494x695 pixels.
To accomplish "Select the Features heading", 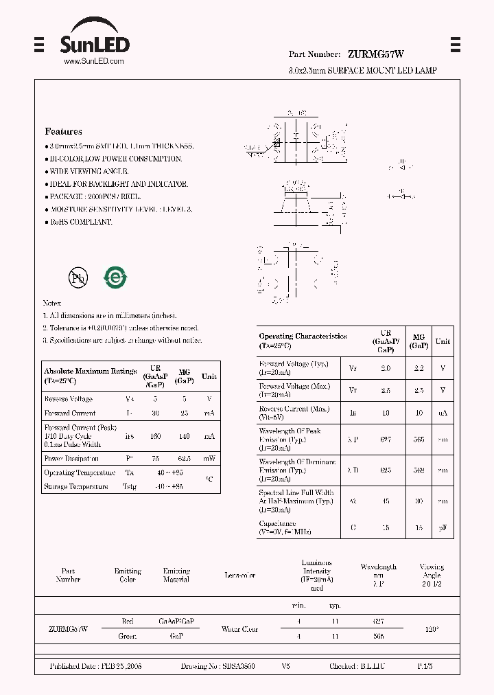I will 63,131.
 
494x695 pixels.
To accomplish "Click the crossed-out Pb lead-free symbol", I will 78,277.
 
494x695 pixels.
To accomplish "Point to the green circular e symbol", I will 115,277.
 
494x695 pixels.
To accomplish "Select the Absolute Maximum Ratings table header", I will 90,375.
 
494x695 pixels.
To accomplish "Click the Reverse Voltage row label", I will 68,399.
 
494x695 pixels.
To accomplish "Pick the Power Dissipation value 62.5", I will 183,458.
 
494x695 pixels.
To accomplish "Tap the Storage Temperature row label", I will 75,486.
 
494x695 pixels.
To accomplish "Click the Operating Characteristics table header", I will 303,340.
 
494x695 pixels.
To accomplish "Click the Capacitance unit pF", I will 443,527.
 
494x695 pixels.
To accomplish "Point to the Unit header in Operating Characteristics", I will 443,341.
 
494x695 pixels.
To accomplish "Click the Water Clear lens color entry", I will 239,628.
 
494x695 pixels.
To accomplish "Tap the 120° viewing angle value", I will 432,628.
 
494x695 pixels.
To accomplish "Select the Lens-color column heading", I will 239,576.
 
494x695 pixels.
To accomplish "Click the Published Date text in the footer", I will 95,667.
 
